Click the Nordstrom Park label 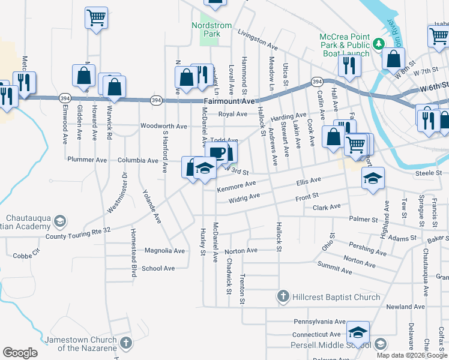[x=206, y=29]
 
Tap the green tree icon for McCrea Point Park [x=379, y=43]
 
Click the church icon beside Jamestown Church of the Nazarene [x=125, y=343]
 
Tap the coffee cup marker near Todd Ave [x=218, y=152]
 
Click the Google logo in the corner [x=20, y=352]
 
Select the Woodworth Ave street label [x=164, y=126]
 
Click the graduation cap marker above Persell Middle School [x=358, y=332]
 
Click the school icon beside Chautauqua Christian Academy [x=59, y=222]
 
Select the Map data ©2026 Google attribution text [x=411, y=355]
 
